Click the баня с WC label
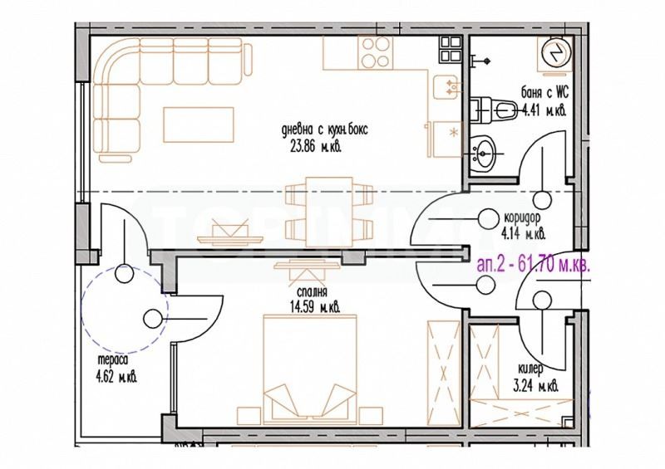[x=549, y=95]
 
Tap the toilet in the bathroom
[x=495, y=108]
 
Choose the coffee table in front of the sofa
[x=193, y=125]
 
